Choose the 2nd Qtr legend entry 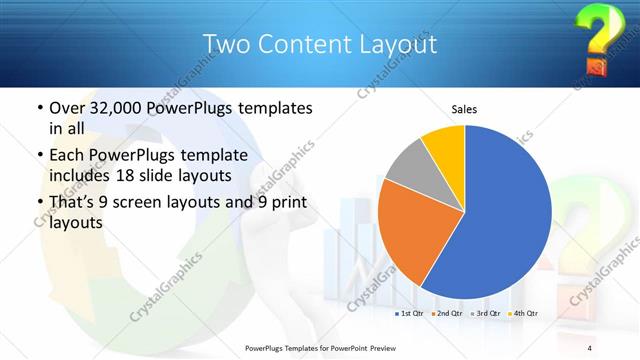tap(449, 314)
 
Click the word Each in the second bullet tap(67, 157)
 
